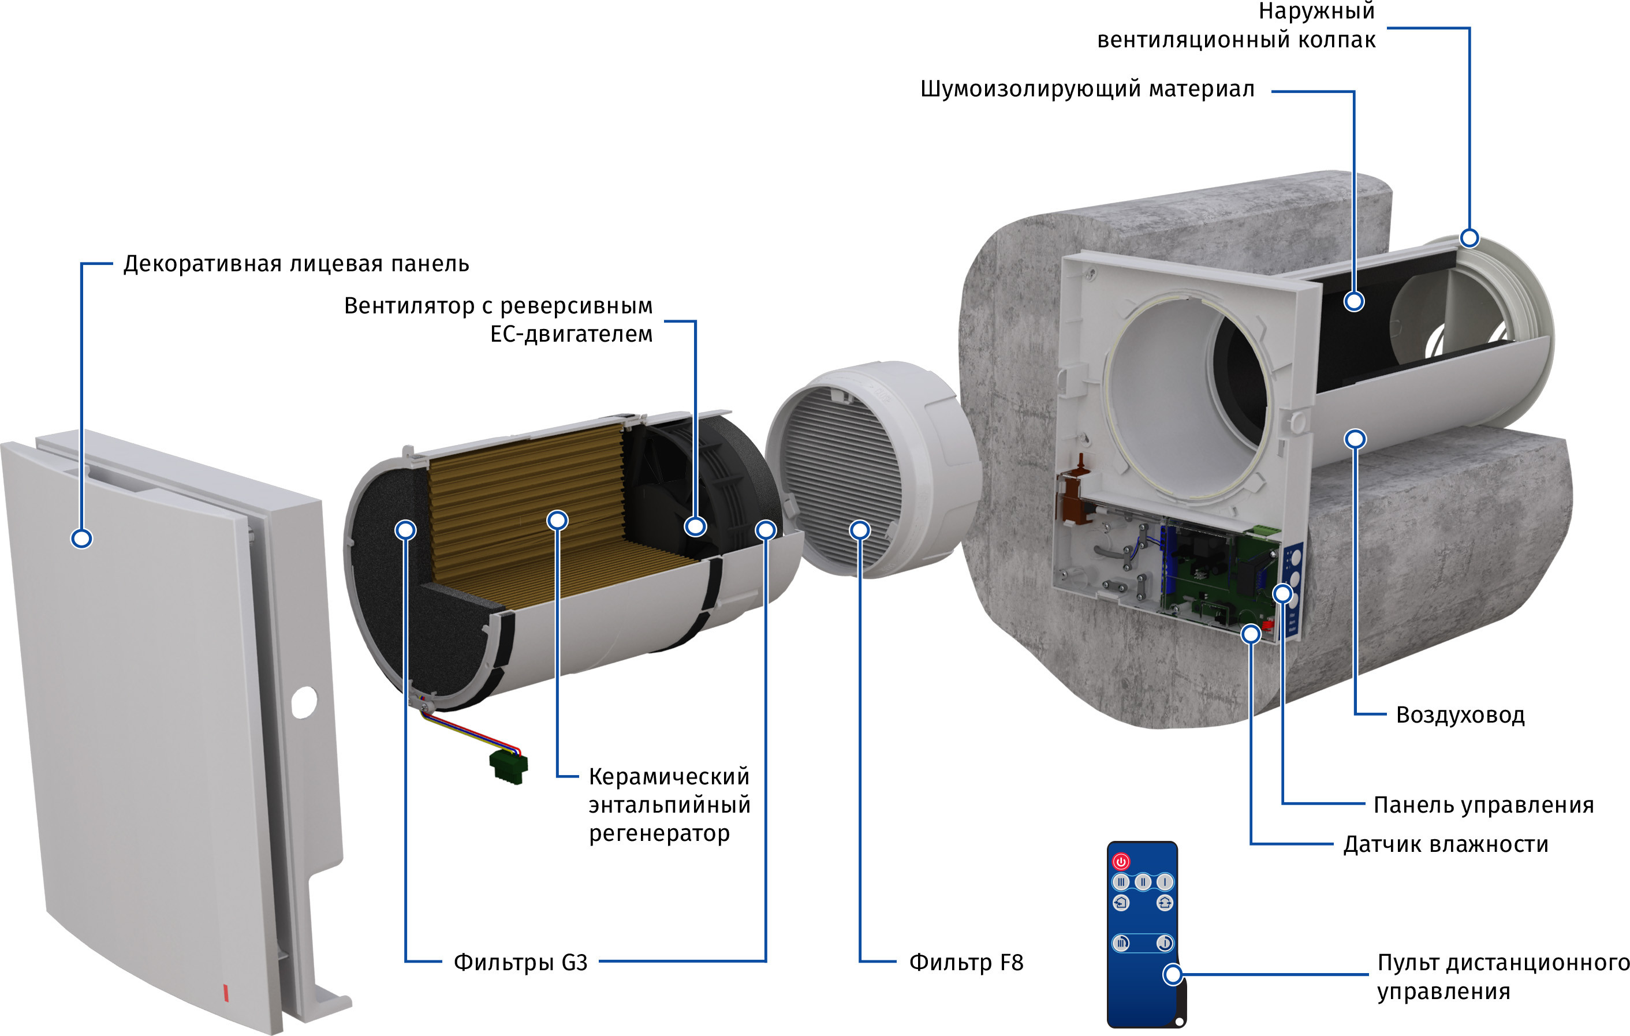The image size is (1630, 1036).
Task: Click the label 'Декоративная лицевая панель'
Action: coord(296,264)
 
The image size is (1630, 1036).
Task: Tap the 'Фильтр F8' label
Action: coord(965,962)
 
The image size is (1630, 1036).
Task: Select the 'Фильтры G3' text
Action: coord(520,962)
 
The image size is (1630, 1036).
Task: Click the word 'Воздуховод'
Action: coord(1460,715)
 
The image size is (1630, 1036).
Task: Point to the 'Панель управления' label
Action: coord(1483,805)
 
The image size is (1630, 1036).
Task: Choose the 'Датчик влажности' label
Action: coord(1445,844)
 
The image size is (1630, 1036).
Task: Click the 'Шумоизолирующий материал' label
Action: coord(1087,89)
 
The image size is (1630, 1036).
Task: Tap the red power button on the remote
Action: coord(1121,862)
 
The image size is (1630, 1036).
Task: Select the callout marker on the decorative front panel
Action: coord(82,538)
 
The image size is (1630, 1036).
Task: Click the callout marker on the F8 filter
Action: coord(860,530)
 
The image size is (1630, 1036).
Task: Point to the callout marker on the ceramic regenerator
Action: coord(557,521)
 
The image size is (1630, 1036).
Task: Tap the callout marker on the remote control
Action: coord(1173,975)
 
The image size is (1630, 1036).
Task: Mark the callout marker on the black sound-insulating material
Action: coord(1354,302)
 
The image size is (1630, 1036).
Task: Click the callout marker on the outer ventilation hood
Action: coord(1469,238)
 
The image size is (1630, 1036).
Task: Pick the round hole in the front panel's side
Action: coord(304,702)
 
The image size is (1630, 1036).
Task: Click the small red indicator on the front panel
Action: coord(226,993)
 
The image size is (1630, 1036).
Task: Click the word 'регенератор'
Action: coord(659,833)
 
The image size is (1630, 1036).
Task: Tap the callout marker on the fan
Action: coord(695,526)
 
